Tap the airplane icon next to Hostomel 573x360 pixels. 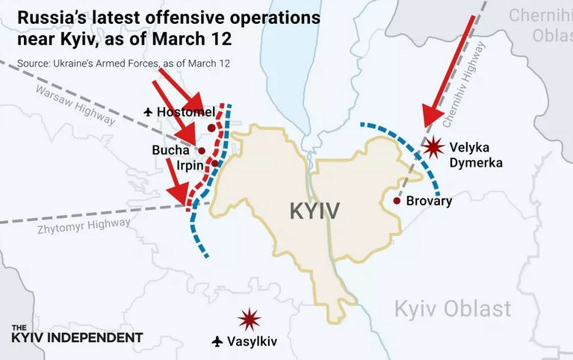coord(147,112)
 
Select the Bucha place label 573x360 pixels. coord(170,150)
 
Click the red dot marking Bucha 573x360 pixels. coord(202,150)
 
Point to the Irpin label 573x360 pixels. coord(190,164)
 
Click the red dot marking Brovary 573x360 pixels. coord(397,201)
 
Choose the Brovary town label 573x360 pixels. coord(430,201)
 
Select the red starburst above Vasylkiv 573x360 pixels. coord(249,320)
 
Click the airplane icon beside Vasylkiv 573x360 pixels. coord(217,341)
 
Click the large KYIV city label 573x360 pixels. coord(315,211)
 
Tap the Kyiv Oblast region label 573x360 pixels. coord(453,308)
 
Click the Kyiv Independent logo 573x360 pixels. coord(77,334)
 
